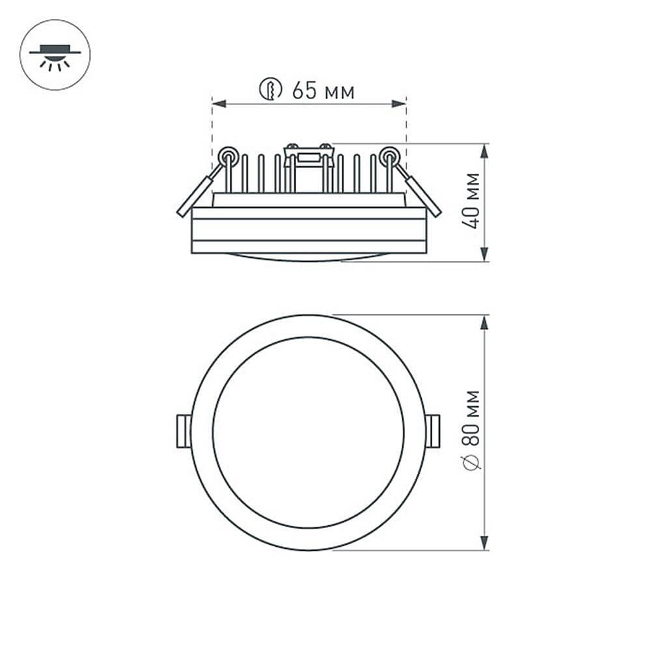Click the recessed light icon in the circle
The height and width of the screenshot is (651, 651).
click(x=55, y=55)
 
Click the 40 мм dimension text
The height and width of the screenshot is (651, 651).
click(x=473, y=201)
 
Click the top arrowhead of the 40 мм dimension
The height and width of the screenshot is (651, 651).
click(x=484, y=150)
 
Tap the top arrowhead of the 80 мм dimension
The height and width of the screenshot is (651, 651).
click(x=484, y=322)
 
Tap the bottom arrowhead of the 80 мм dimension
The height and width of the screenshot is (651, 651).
click(x=484, y=543)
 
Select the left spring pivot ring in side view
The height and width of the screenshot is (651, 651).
click(x=228, y=156)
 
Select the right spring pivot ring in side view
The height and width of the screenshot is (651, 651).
click(x=389, y=156)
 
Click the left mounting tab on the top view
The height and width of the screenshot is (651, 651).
click(x=184, y=431)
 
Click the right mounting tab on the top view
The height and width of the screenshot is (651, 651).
click(x=433, y=431)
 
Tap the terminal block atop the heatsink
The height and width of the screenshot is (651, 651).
click(x=309, y=156)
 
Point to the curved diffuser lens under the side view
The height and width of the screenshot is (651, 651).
click(x=309, y=256)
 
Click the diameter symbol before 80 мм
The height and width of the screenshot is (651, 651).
click(x=473, y=462)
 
